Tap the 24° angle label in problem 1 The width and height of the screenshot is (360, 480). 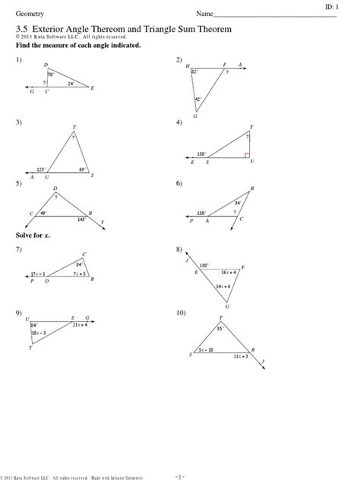71,84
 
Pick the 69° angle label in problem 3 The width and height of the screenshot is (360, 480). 81,169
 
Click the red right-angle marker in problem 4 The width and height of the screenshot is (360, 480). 248,155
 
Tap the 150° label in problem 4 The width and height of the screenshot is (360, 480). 201,154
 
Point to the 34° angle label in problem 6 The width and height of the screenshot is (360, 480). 237,203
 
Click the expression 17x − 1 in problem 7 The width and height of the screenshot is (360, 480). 38,273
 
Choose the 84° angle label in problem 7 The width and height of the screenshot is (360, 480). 78,264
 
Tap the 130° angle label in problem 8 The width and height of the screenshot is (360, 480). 204,266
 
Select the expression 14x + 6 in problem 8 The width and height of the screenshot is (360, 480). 224,286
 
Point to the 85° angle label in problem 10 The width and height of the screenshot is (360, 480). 221,329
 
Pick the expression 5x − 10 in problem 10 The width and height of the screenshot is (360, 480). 205,350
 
